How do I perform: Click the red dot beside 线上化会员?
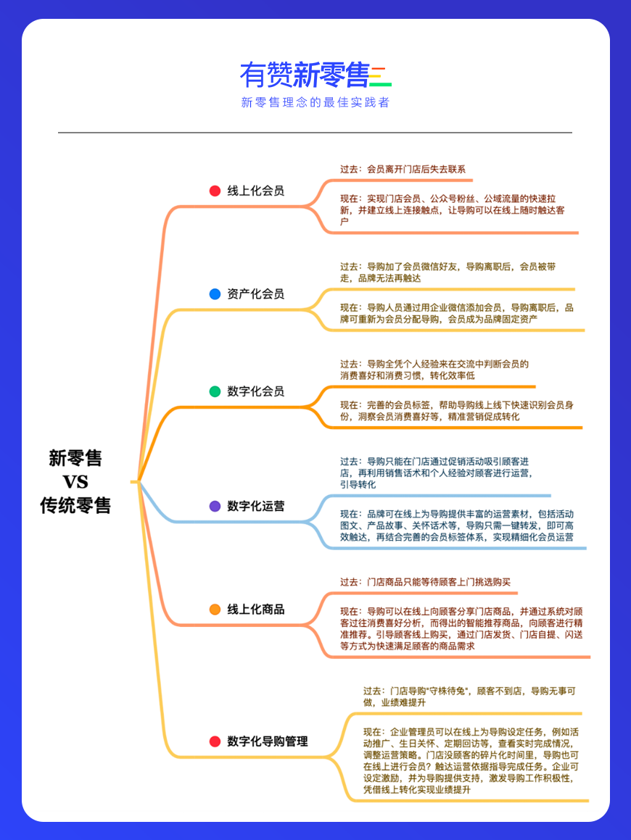pyautogui.click(x=215, y=191)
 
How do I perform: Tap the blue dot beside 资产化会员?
pyautogui.click(x=215, y=294)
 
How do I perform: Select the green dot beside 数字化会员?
pyautogui.click(x=215, y=391)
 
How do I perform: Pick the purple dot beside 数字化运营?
pyautogui.click(x=215, y=506)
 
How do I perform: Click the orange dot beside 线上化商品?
pyautogui.click(x=215, y=609)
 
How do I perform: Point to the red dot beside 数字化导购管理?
pyautogui.click(x=215, y=741)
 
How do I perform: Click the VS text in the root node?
pyautogui.click(x=75, y=482)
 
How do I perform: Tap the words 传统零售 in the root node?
pyautogui.click(x=75, y=505)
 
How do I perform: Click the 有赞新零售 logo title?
pyautogui.click(x=305, y=75)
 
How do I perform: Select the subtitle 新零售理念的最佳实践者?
pyautogui.click(x=315, y=102)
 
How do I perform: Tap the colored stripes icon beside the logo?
pyautogui.click(x=381, y=76)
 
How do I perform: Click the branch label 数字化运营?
pyautogui.click(x=256, y=506)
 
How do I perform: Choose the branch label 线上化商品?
pyautogui.click(x=256, y=609)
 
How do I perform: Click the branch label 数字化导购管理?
pyautogui.click(x=268, y=741)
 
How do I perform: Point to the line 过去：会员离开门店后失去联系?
pyautogui.click(x=403, y=170)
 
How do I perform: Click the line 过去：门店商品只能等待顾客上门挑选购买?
pyautogui.click(x=425, y=582)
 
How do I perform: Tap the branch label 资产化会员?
pyautogui.click(x=256, y=294)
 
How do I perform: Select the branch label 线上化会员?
pyautogui.click(x=256, y=191)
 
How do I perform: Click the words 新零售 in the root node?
pyautogui.click(x=75, y=458)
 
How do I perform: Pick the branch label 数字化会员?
pyautogui.click(x=256, y=391)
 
